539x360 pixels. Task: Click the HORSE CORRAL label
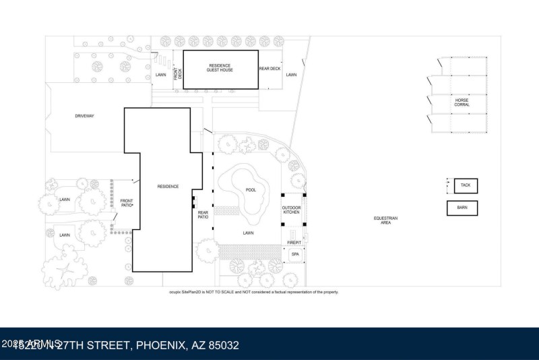coord(462,102)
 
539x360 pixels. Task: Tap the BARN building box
coord(462,208)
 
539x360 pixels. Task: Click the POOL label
coord(251,190)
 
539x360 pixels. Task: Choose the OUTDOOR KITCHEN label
coord(291,210)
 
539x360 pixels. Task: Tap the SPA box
coord(294,254)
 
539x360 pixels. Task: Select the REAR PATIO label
coord(203,214)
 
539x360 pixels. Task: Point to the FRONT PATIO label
coord(127,203)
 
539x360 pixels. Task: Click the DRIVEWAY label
coord(84,116)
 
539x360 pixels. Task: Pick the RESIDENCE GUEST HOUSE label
coord(220,68)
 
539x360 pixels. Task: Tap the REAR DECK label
coord(269,68)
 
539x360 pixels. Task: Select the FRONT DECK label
coord(179,74)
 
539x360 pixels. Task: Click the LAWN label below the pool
coord(248,232)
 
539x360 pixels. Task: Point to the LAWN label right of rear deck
coord(291,75)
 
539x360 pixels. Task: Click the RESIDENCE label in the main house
coord(168,186)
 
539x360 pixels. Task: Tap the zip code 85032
coord(222,345)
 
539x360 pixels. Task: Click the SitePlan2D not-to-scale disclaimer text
coord(253,292)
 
